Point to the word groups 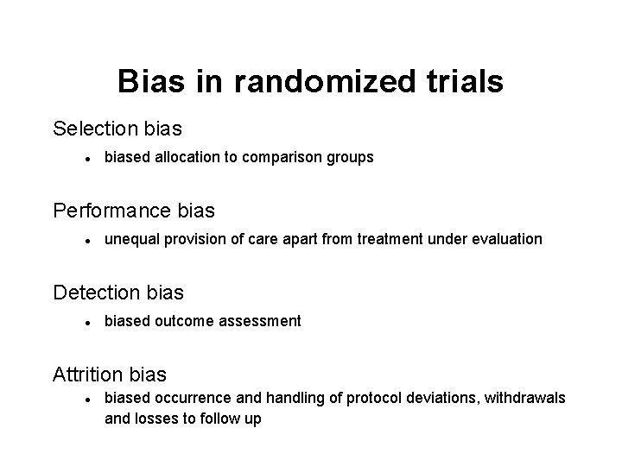coord(352,158)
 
